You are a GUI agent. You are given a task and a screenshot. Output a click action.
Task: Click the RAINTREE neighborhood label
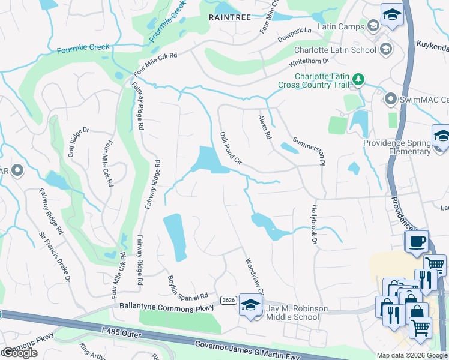click(229, 18)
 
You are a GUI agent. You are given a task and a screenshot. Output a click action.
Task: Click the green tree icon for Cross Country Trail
click(358, 79)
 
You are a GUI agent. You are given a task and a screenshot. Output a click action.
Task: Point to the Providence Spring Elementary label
click(397, 147)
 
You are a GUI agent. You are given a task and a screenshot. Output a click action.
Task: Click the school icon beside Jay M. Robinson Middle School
click(250, 305)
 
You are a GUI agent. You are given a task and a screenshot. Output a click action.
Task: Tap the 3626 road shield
click(228, 300)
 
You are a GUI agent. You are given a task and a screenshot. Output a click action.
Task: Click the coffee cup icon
click(417, 242)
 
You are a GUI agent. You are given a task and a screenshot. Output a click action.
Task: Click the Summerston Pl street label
click(309, 151)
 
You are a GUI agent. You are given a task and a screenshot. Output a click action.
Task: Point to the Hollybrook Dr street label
click(313, 225)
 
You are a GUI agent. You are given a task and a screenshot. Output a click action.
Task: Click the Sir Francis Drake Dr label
click(55, 257)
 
